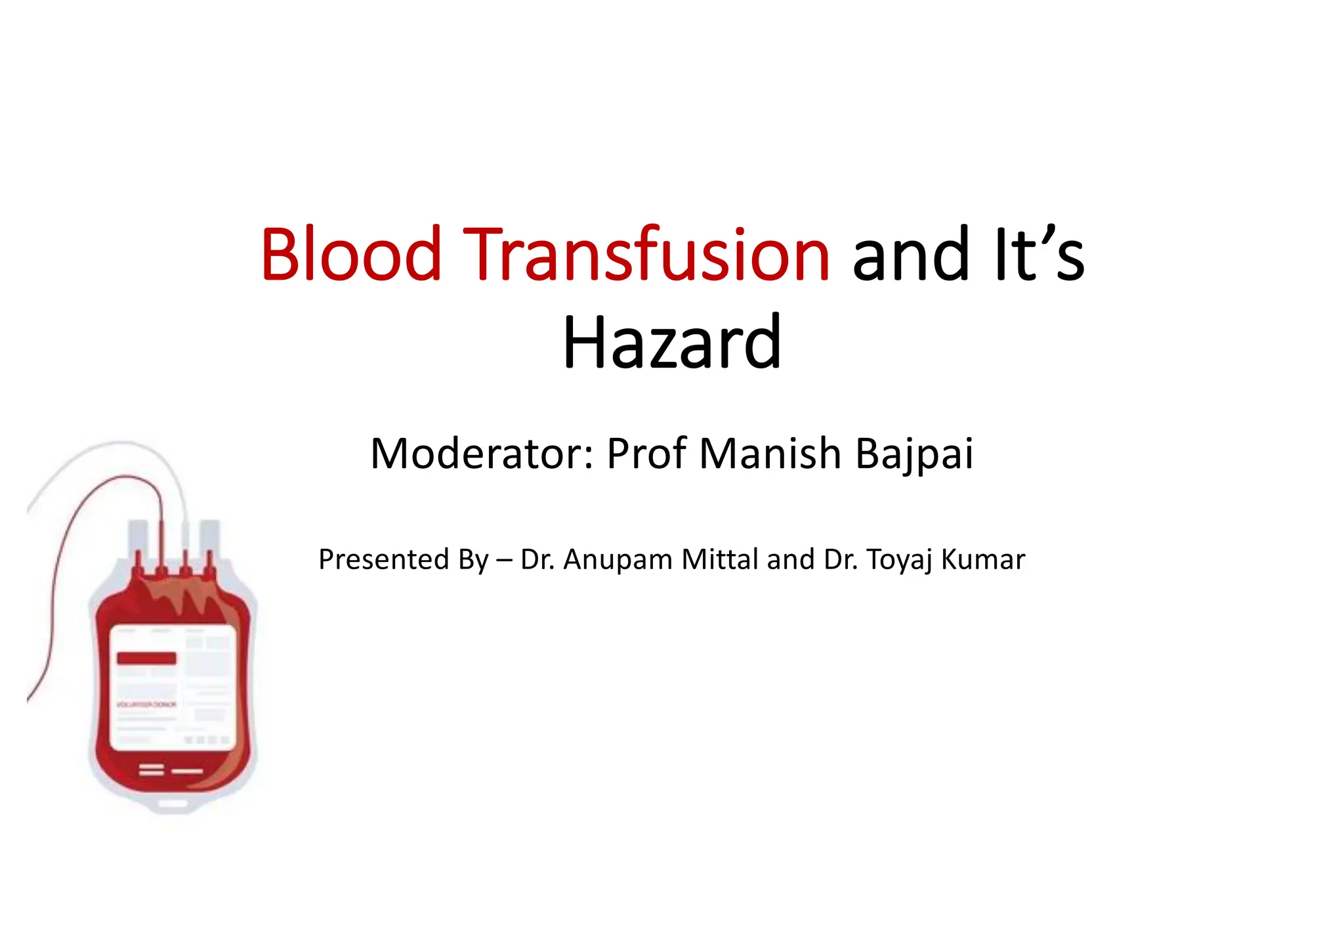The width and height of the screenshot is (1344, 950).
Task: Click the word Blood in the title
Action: pos(350,254)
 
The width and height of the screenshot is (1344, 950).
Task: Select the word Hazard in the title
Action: pos(672,342)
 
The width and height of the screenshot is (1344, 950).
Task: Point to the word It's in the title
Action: pos(1039,254)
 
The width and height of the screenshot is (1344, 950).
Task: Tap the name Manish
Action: pos(770,454)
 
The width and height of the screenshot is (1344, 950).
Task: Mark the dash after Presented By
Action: pos(504,560)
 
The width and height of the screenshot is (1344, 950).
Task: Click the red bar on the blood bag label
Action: pos(146,658)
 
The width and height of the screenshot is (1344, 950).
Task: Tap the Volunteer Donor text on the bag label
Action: pos(146,704)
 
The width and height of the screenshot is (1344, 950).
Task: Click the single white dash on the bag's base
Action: pos(187,771)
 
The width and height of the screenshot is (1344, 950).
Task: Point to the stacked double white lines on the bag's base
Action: pos(151,769)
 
